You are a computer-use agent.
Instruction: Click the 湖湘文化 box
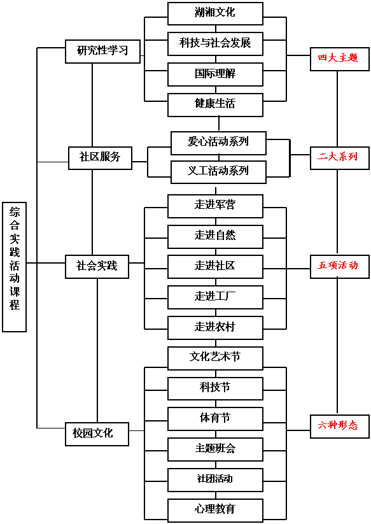[x=215, y=13]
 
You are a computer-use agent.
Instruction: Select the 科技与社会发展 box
[x=215, y=44]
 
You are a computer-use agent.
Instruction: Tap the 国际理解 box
[x=215, y=74]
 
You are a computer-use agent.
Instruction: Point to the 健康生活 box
[x=215, y=105]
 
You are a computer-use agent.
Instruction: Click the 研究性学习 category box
[x=102, y=52]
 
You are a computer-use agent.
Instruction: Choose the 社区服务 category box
[x=100, y=158]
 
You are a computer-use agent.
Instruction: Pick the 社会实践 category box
[x=97, y=267]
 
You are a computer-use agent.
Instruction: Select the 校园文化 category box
[x=97, y=434]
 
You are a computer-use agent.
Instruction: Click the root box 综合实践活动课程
[x=15, y=267]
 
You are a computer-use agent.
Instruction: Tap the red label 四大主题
[x=340, y=59]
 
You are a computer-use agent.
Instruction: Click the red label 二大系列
[x=340, y=158]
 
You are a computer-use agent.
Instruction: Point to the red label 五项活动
[x=340, y=267]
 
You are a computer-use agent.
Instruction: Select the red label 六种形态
[x=340, y=427]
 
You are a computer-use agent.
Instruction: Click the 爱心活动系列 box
[x=218, y=143]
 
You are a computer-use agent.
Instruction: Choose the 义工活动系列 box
[x=218, y=172]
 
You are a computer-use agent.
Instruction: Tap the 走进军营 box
[x=215, y=206]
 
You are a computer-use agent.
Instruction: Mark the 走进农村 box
[x=215, y=328]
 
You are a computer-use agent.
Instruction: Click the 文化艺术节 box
[x=215, y=358]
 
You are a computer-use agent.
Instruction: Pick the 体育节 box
[x=215, y=419]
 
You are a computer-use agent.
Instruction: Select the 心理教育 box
[x=215, y=510]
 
